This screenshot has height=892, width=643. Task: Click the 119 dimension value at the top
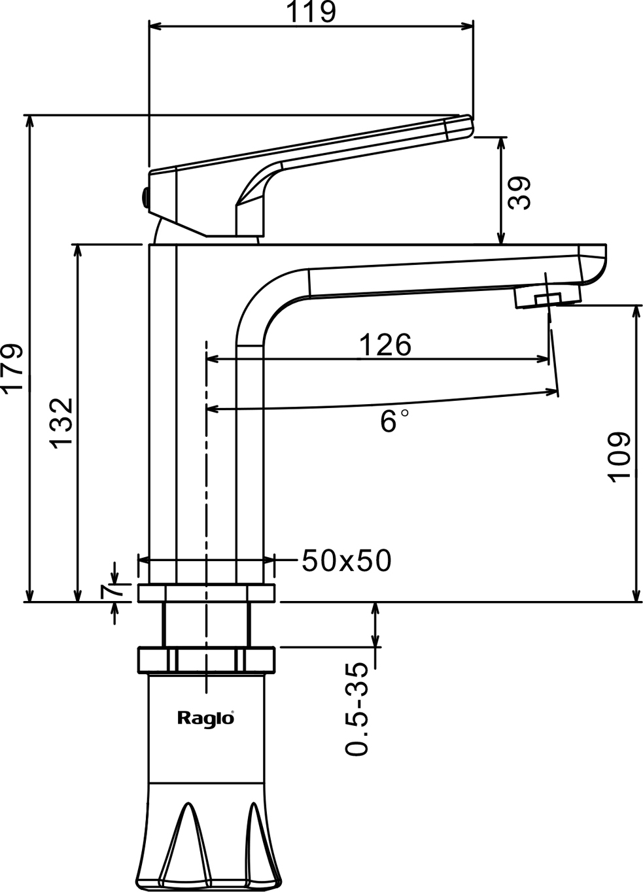tap(313, 12)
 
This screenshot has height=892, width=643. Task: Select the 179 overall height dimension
tap(13, 367)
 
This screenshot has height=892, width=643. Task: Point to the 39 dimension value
tap(520, 193)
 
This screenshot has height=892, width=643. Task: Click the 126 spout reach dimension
tap(385, 345)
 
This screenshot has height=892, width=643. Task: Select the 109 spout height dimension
tap(619, 456)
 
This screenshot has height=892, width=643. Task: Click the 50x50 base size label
tap(347, 560)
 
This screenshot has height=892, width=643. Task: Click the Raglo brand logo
tap(205, 718)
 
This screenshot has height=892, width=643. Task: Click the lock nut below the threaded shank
tap(206, 659)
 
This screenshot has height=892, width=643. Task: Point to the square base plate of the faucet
tap(206, 593)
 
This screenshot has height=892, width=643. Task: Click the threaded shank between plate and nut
tap(206, 625)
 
